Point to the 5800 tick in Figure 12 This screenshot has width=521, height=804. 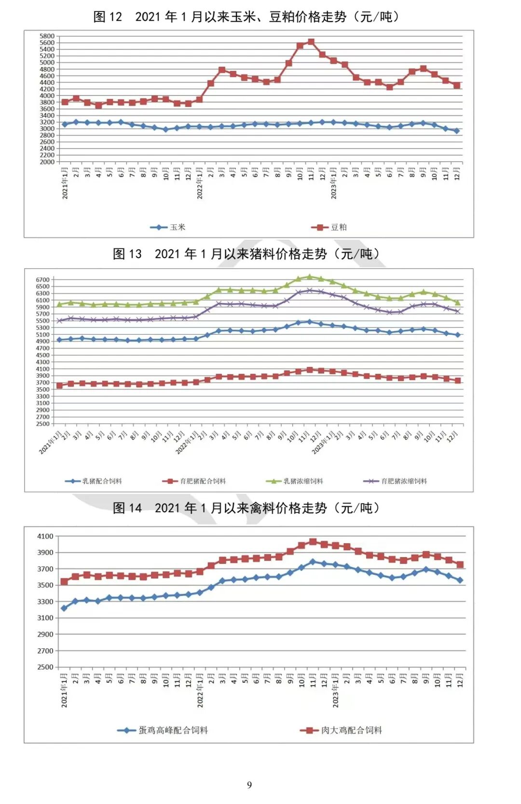pos(47,36)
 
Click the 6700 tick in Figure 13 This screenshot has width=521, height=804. pos(43,280)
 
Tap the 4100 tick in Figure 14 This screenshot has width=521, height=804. pos(45,536)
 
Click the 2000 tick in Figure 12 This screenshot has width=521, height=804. pos(47,162)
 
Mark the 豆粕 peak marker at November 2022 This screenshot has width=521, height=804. pos(311,42)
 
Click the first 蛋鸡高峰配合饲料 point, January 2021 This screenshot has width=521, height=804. pos(64,608)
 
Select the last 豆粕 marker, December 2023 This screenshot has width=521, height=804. pos(457,85)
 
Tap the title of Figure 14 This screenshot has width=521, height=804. pos(247,508)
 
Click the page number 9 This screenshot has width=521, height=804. pos(249,785)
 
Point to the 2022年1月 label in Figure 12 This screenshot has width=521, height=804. pos(200,183)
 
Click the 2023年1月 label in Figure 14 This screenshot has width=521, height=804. pos(336,690)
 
